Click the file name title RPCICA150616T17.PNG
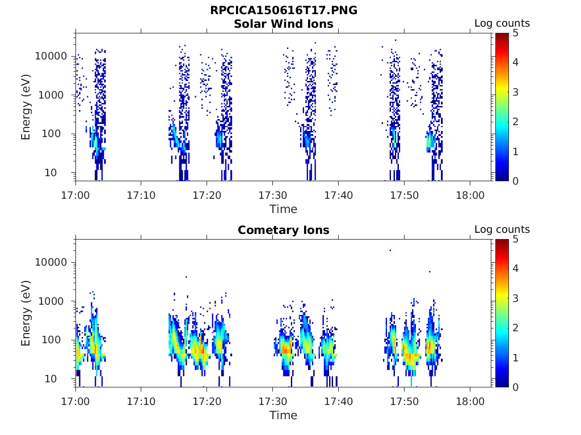(x=283, y=10)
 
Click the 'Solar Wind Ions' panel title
(x=283, y=24)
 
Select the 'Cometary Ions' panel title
(x=283, y=230)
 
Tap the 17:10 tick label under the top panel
(x=141, y=195)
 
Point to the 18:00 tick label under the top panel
(x=470, y=195)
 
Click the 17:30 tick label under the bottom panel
(x=272, y=401)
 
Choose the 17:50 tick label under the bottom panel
(x=404, y=401)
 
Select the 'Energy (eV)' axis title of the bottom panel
(x=26, y=313)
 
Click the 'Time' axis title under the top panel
(x=283, y=209)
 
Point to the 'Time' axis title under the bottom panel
(x=283, y=415)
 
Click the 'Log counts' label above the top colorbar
(x=502, y=24)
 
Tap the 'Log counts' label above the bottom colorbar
(x=502, y=230)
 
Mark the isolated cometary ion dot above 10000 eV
(x=390, y=250)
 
